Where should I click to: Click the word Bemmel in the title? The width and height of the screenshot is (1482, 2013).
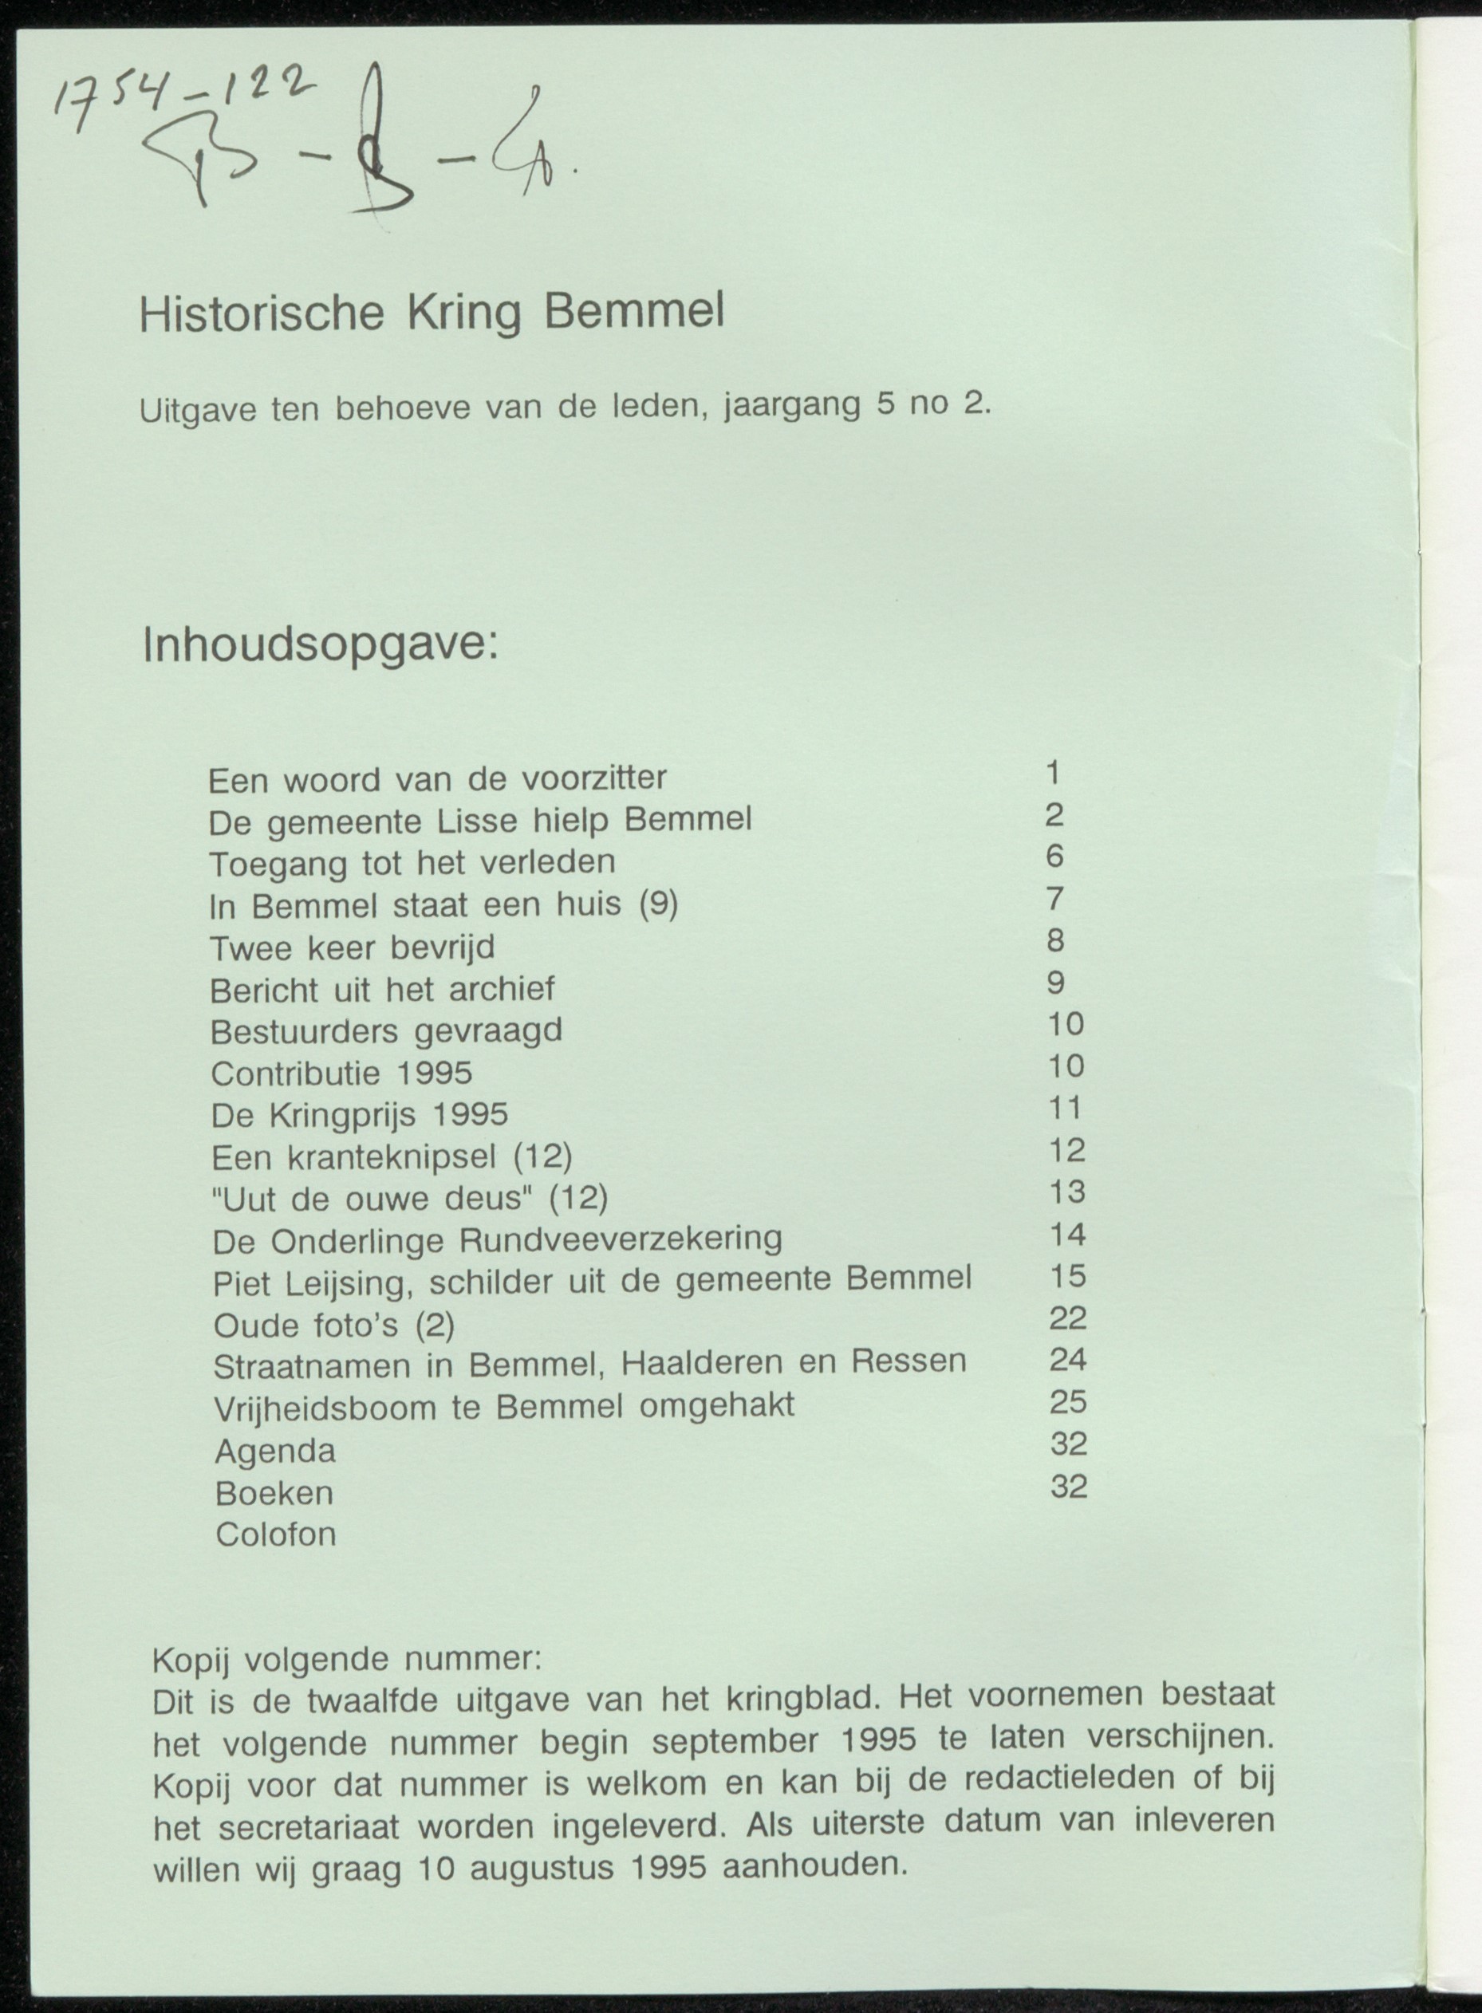coord(633,311)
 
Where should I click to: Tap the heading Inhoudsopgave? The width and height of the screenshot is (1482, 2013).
coord(321,646)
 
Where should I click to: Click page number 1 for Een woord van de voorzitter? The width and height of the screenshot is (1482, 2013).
coord(1053,772)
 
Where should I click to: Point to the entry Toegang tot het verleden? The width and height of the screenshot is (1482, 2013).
coord(412,863)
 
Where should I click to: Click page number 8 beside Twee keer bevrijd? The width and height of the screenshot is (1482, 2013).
coord(1055,940)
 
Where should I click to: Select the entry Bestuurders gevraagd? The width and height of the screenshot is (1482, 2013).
coord(387,1030)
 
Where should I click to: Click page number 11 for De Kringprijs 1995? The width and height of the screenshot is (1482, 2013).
coord(1066,1108)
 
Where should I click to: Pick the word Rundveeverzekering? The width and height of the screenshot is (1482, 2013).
coord(621,1239)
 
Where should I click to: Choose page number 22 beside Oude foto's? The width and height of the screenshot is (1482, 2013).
coord(1067,1318)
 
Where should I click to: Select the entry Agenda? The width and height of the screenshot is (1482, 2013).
coord(275,1452)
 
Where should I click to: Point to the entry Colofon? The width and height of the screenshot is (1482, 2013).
coord(275,1534)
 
